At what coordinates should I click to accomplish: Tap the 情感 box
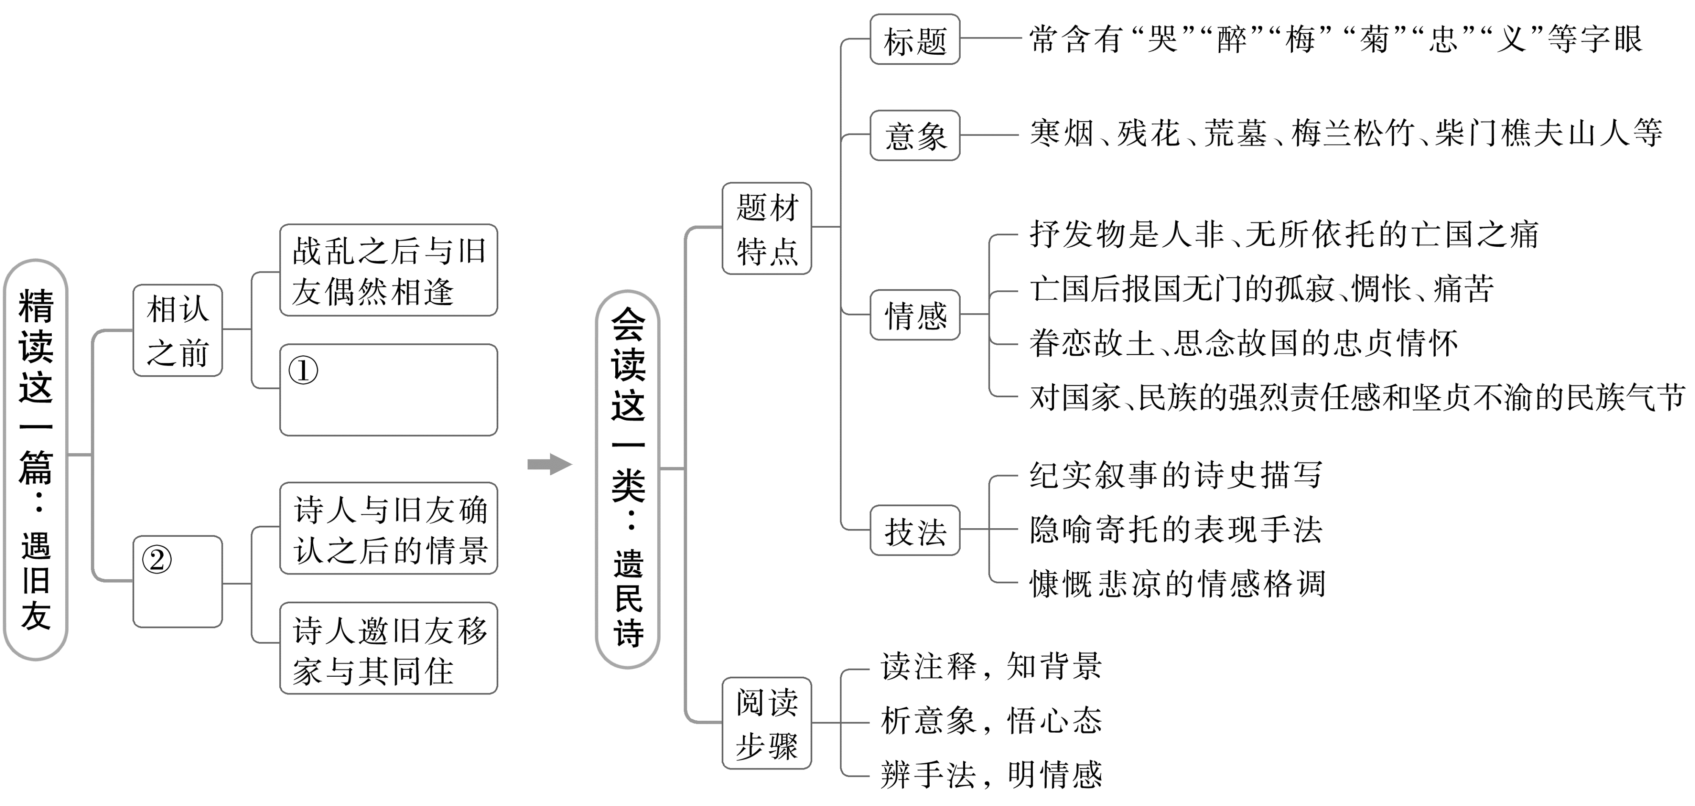point(914,315)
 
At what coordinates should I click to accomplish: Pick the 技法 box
point(914,530)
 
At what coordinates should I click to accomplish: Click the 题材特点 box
point(767,229)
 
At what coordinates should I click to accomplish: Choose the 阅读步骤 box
point(767,723)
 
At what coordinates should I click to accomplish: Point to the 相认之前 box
point(178,331)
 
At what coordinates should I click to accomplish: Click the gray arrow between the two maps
point(550,464)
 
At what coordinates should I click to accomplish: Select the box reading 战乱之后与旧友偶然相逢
point(388,270)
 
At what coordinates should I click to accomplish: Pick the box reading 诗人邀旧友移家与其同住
point(388,649)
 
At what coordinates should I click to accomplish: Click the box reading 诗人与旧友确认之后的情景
point(388,528)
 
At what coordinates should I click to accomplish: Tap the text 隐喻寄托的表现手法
point(1176,530)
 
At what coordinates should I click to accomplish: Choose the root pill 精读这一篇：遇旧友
point(36,460)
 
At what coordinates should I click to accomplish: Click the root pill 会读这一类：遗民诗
point(628,480)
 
